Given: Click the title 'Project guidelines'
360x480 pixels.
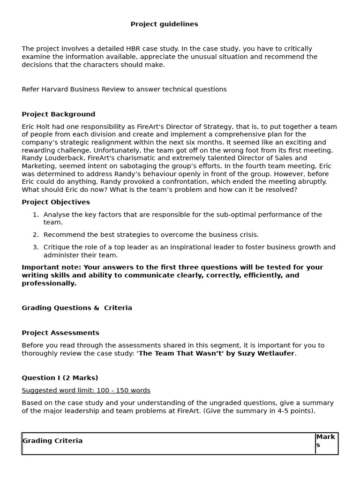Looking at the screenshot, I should (x=164, y=24).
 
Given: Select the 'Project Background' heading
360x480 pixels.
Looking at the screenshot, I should (x=58, y=114).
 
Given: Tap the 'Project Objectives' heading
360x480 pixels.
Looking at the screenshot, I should (x=56, y=202).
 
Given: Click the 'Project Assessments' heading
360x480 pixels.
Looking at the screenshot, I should (x=60, y=333).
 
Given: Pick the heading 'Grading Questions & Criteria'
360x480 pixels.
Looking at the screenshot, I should (x=77, y=308).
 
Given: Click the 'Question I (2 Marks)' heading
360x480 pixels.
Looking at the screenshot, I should (x=60, y=378).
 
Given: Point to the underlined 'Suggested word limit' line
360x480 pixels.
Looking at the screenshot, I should (x=86, y=390).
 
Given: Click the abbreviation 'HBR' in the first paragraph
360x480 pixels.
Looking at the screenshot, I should (x=133, y=49).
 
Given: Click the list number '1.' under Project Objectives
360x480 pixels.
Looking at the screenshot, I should (x=36, y=215).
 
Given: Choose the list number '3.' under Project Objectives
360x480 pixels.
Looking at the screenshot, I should (x=36, y=247).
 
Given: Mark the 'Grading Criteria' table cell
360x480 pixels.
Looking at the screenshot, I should (x=52, y=441).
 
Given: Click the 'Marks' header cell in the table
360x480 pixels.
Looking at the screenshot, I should (x=325, y=441).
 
